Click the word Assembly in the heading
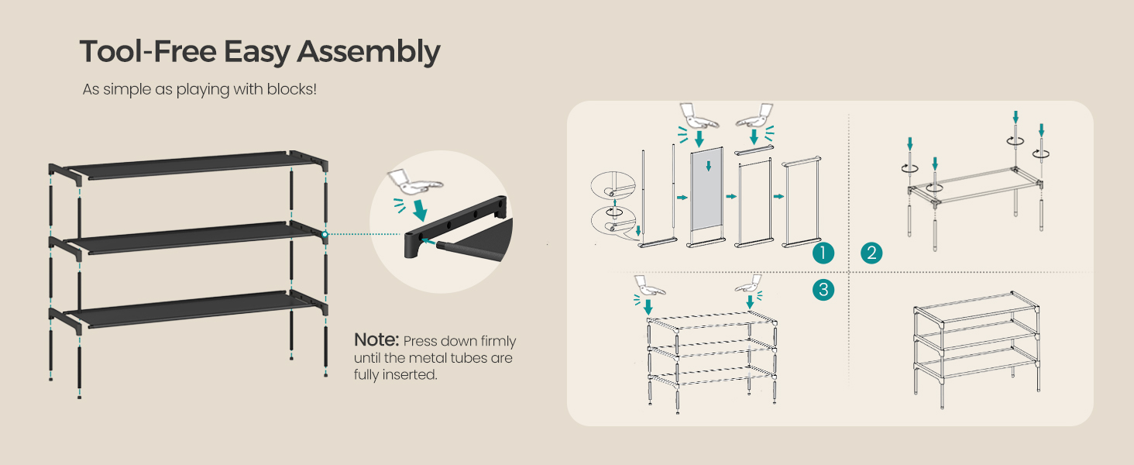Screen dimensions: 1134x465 [x=369, y=53]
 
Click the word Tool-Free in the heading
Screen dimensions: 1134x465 [x=148, y=52]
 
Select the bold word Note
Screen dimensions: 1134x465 [x=376, y=339]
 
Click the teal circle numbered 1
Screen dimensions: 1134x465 [x=823, y=253]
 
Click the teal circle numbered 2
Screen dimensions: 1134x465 [x=871, y=253]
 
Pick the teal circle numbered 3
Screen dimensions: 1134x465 [x=823, y=290]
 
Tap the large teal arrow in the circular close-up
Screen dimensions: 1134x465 [x=420, y=210]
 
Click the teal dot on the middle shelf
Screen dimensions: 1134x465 [x=325, y=234]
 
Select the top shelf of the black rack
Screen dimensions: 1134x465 [x=188, y=164]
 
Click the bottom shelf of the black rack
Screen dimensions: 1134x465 [x=188, y=309]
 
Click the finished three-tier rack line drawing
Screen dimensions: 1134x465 [x=977, y=350]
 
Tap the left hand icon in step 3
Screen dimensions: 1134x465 [x=650, y=286]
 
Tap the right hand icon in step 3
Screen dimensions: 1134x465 [x=749, y=284]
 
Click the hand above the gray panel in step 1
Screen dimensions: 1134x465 [x=699, y=116]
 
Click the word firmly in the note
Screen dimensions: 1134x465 [x=498, y=342]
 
